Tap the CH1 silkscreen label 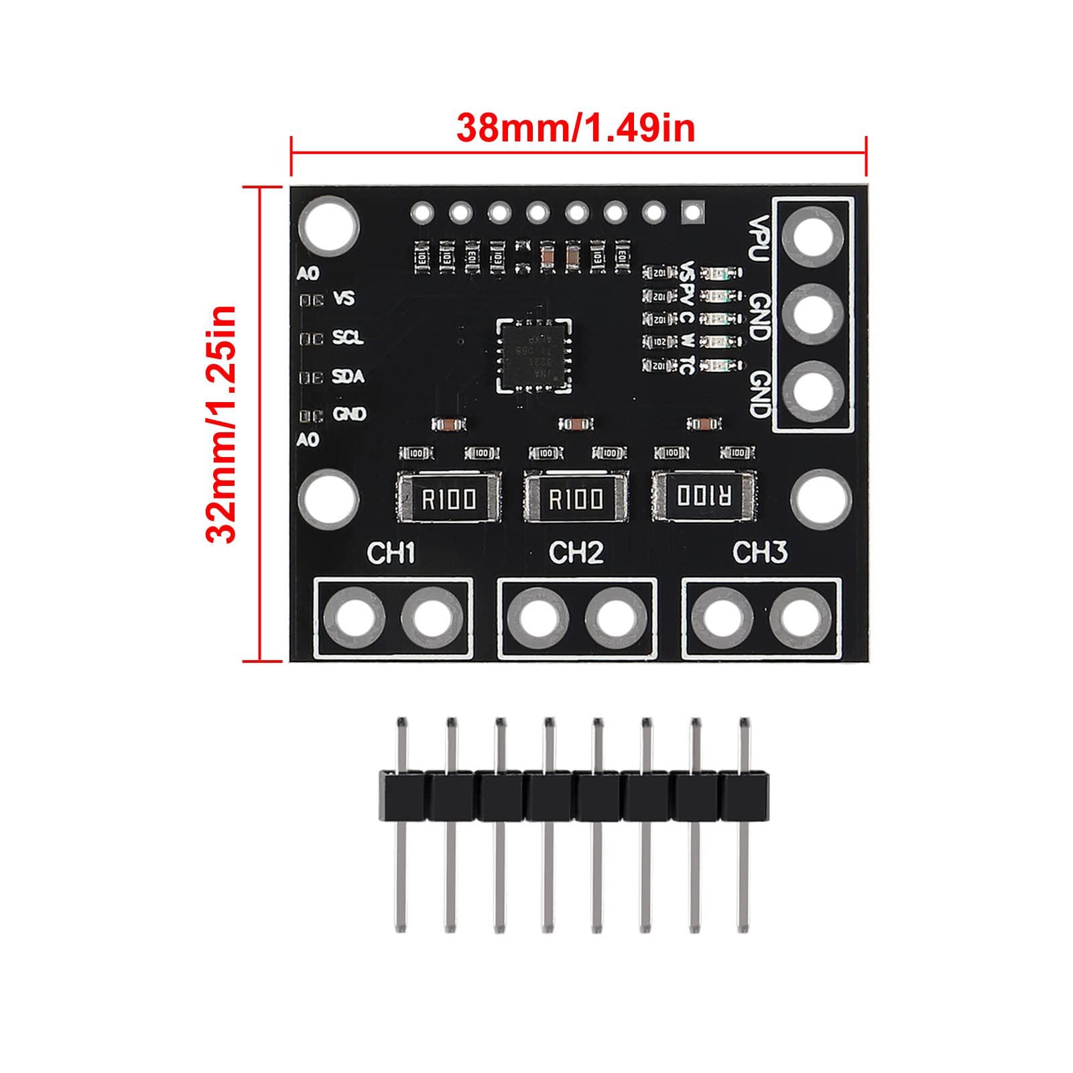click(x=391, y=553)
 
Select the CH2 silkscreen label click(x=576, y=553)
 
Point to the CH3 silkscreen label click(x=759, y=553)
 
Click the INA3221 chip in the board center click(x=534, y=355)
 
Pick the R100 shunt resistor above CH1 click(x=448, y=498)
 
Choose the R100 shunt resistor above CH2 click(x=576, y=498)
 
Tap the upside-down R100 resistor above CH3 click(x=704, y=497)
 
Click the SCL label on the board click(x=348, y=337)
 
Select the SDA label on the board click(x=348, y=376)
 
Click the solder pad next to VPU click(x=813, y=237)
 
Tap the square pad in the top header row click(x=692, y=213)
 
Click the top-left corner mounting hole click(x=328, y=225)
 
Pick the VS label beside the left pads click(x=344, y=298)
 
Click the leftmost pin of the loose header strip click(x=401, y=824)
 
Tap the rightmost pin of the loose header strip click(x=743, y=824)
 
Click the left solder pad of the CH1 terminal click(x=354, y=617)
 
